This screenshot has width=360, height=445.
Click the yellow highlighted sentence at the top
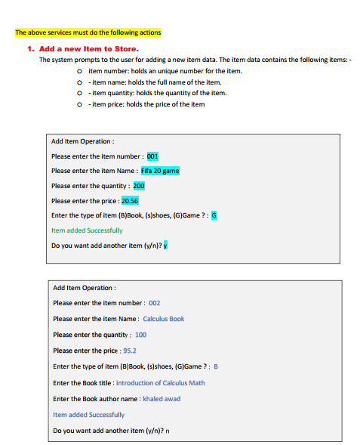tap(88, 32)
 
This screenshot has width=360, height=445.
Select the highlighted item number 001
tap(152, 156)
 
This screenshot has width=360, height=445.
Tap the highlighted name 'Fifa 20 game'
tap(160, 170)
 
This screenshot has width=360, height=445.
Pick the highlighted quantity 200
tap(139, 185)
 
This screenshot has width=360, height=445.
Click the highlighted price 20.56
tap(129, 200)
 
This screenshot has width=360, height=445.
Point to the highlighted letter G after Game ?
tap(214, 215)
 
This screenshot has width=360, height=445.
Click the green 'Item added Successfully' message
tap(86, 230)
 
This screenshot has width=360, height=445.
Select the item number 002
tap(155, 302)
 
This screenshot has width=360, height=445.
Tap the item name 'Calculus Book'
tap(163, 318)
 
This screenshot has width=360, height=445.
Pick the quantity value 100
tap(141, 334)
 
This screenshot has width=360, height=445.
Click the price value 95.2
tap(129, 351)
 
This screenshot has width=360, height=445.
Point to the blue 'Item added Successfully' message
tap(88, 414)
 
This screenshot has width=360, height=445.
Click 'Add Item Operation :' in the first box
tap(82, 141)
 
